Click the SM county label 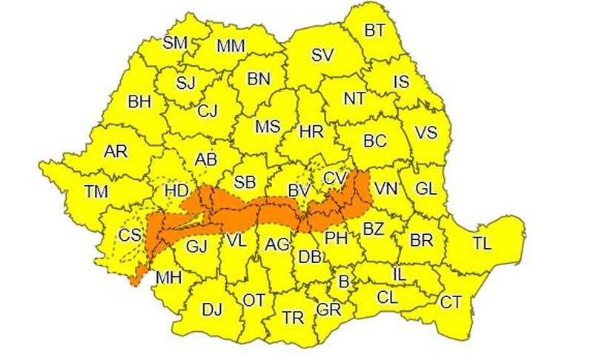click(x=175, y=42)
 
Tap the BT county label click(x=375, y=30)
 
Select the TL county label click(x=482, y=242)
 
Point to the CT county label click(x=450, y=301)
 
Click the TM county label click(x=96, y=192)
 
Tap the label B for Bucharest click(x=343, y=281)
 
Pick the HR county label click(x=311, y=133)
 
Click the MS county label click(x=268, y=127)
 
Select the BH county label click(x=139, y=101)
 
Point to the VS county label click(x=425, y=133)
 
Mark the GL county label click(x=426, y=188)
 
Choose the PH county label click(x=337, y=238)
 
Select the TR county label click(x=294, y=318)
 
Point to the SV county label click(x=322, y=54)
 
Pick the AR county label click(x=116, y=151)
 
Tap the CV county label click(x=334, y=179)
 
